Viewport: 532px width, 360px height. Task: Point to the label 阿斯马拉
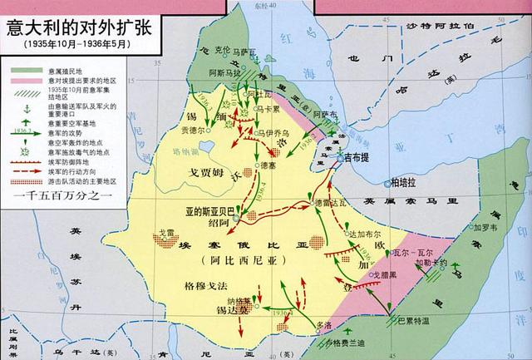coord(224,75)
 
